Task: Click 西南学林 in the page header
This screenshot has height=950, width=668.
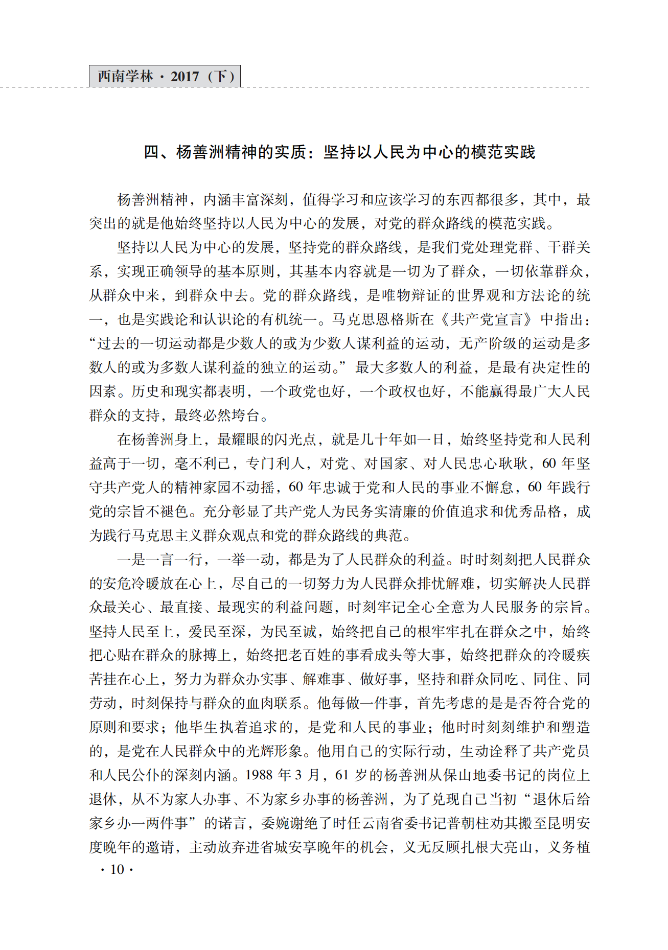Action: click(125, 77)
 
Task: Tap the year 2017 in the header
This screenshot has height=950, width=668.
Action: click(185, 77)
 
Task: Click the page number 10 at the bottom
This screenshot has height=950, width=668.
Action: click(117, 869)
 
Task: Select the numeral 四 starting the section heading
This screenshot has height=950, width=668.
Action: click(152, 152)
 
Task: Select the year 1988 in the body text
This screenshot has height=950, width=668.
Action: click(259, 775)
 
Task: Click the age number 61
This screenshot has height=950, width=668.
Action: click(342, 775)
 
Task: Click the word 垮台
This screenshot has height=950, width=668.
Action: click(246, 415)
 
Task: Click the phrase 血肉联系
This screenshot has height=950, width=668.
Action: click(274, 703)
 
